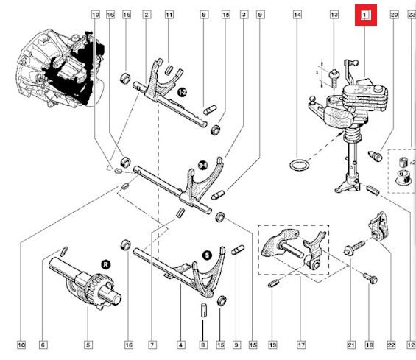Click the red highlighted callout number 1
(x=366, y=15)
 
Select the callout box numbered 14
(x=297, y=15)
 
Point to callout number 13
(x=334, y=15)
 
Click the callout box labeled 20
(x=394, y=15)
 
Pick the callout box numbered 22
(x=391, y=345)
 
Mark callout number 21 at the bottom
(x=351, y=345)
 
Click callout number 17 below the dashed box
(x=300, y=345)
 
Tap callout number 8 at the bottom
(x=204, y=345)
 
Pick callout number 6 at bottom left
(x=43, y=345)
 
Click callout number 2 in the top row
(x=147, y=15)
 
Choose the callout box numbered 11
(x=169, y=15)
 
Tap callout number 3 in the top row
(x=244, y=15)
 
